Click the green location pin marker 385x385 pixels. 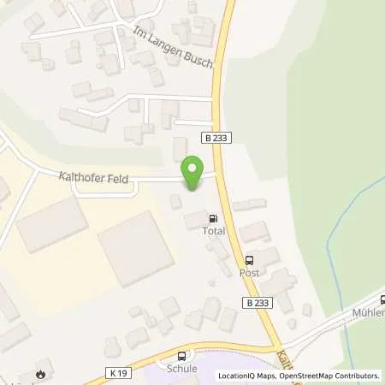pos(193,170)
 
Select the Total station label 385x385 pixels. pos(212,231)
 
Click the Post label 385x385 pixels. pos(249,272)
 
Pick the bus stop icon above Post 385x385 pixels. pos(249,260)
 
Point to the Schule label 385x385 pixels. pos(182,369)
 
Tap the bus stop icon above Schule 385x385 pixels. pos(181,356)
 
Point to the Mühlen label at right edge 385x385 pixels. pos(368,312)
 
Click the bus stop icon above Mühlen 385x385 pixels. pos(382,299)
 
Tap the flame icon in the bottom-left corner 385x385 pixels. pos(40,373)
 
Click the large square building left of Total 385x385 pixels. pos(135,248)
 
